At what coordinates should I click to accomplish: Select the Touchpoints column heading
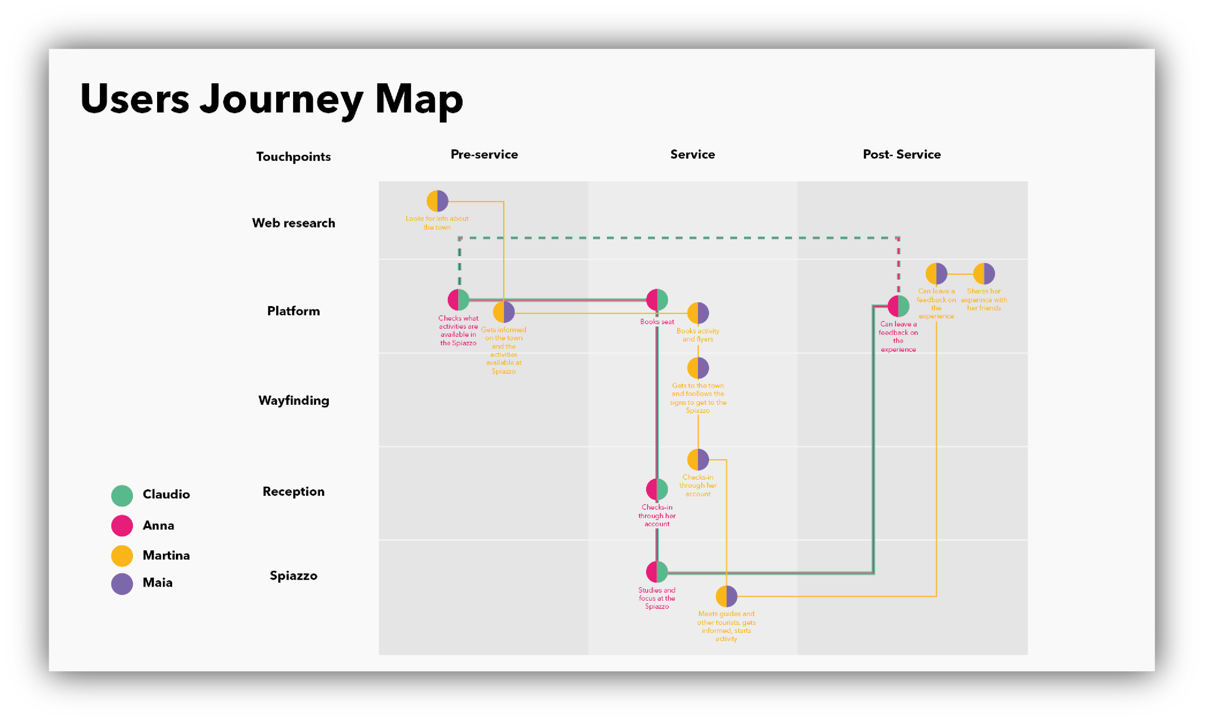click(294, 157)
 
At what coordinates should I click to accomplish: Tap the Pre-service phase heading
click(484, 154)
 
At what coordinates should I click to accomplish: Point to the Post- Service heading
click(901, 154)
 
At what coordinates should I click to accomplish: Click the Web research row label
click(294, 223)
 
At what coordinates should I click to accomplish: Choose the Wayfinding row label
click(294, 401)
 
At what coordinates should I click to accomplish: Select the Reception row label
click(294, 492)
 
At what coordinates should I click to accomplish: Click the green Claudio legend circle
click(122, 496)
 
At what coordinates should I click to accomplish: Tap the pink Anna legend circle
click(122, 525)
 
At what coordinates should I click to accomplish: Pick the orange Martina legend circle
click(122, 556)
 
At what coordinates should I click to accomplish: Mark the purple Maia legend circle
click(122, 584)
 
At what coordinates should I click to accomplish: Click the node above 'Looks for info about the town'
click(437, 201)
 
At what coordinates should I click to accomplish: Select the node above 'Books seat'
click(657, 300)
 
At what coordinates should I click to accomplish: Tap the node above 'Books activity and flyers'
click(697, 313)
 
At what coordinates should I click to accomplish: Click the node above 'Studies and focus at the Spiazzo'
click(657, 572)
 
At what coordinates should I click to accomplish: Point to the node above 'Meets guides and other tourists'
click(726, 597)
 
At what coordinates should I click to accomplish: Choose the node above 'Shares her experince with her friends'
click(984, 274)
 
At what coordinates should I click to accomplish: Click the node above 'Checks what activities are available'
click(458, 300)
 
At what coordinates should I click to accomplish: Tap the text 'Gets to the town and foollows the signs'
click(697, 398)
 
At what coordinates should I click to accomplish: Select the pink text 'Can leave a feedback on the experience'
click(898, 337)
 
